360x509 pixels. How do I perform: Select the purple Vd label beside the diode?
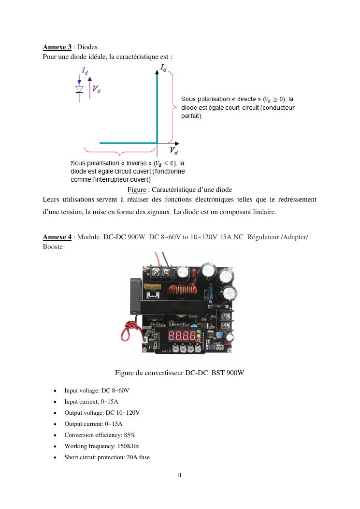pos(97,88)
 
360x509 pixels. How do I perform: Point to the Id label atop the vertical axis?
pos(163,68)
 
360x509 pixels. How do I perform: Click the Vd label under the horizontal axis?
pos(173,151)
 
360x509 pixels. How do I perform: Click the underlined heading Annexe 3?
pos(57,47)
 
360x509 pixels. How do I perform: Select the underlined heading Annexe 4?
pos(57,237)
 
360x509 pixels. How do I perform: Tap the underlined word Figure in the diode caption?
pos(137,189)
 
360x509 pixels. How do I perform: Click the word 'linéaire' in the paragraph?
pos(263,212)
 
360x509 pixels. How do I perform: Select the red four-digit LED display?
pos(182,335)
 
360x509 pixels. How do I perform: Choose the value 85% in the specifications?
pos(130,435)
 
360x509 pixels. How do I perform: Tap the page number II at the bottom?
pos(180,475)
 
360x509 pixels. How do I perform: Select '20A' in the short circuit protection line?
pos(132,457)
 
